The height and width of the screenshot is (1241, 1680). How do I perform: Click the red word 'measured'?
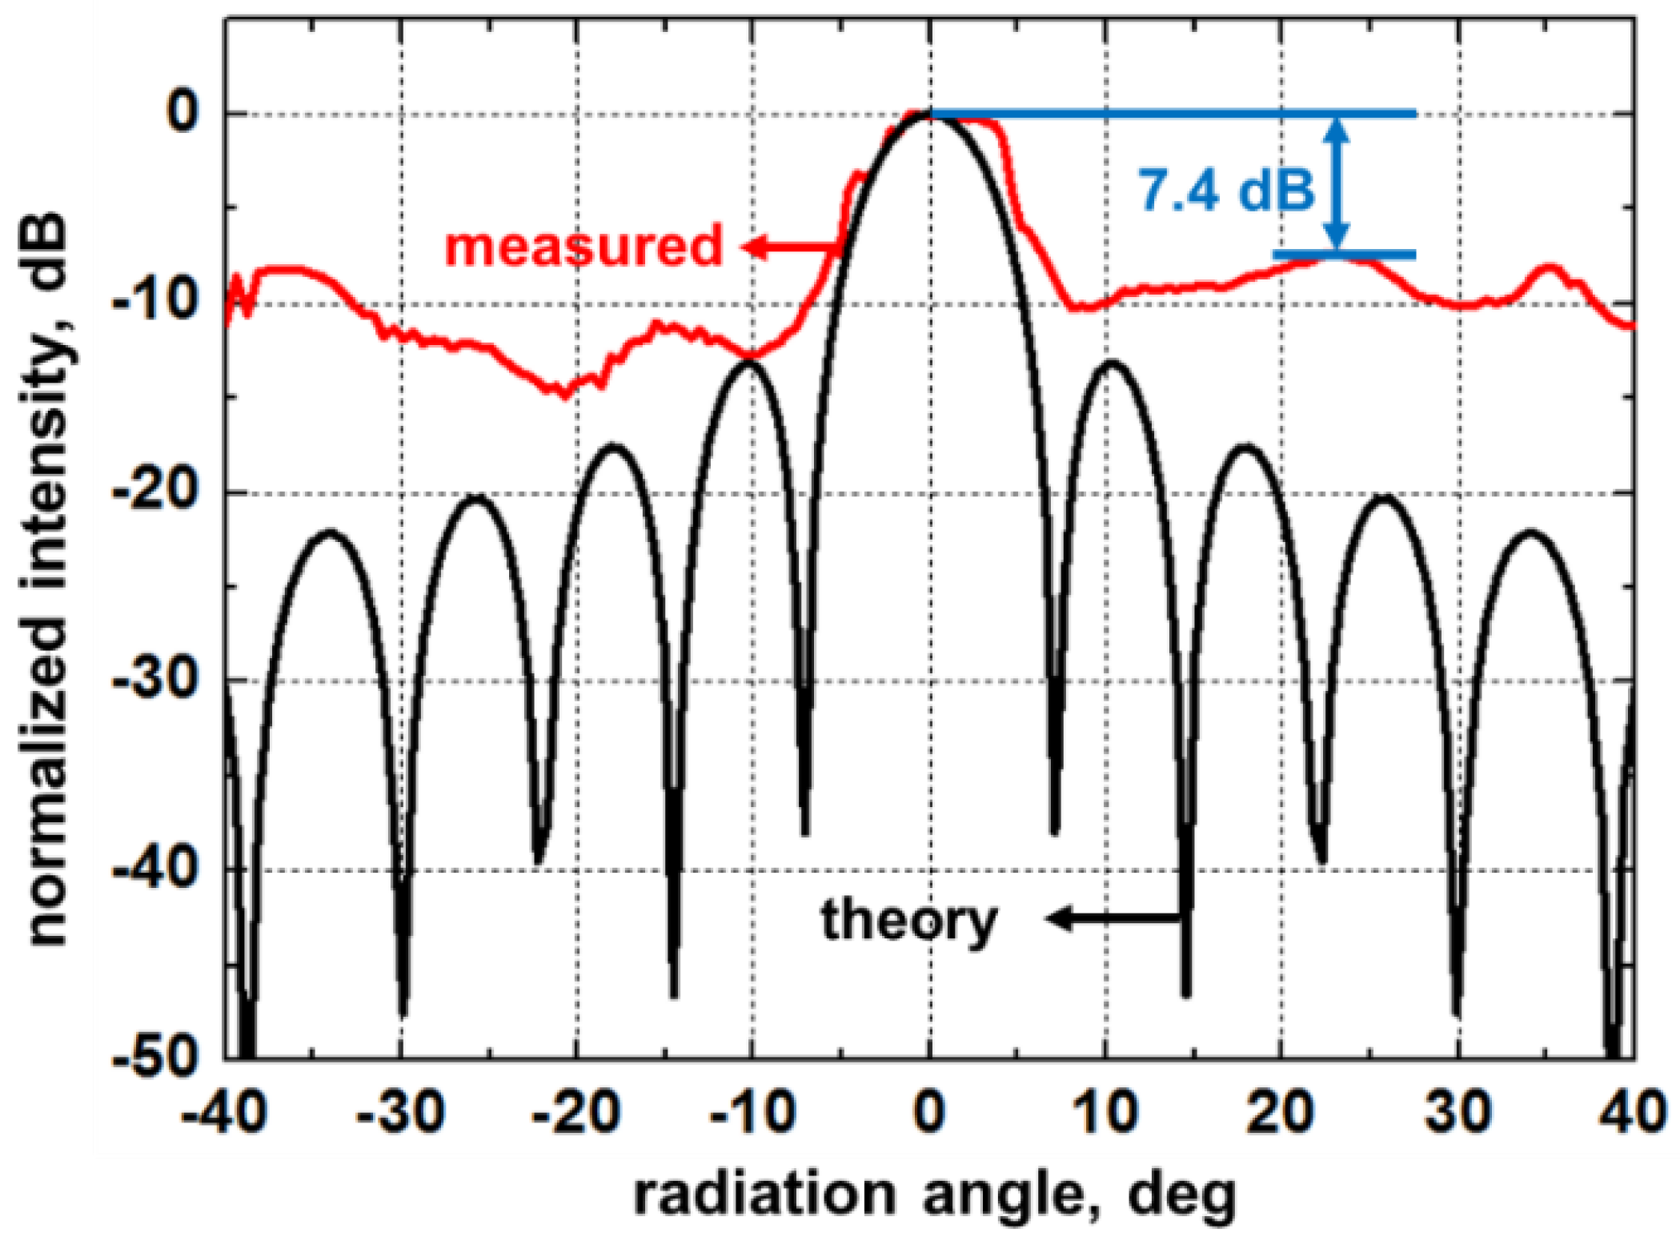pyautogui.click(x=583, y=246)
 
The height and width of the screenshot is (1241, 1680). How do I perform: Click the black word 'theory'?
pyautogui.click(x=909, y=921)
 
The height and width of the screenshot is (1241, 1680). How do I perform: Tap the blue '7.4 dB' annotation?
pyautogui.click(x=1226, y=191)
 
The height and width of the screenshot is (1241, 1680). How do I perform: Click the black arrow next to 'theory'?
pyautogui.click(x=1113, y=918)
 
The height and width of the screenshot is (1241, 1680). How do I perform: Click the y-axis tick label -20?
pyautogui.click(x=154, y=491)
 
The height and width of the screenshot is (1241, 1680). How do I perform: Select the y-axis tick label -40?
pyautogui.click(x=154, y=869)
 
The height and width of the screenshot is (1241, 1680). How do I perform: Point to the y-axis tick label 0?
pyautogui.click(x=182, y=113)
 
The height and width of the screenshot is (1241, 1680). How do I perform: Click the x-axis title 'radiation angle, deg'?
pyautogui.click(x=934, y=1195)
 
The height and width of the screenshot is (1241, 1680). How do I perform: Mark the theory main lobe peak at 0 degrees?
pyautogui.click(x=929, y=117)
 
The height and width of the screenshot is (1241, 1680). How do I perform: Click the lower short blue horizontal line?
pyautogui.click(x=1345, y=255)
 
